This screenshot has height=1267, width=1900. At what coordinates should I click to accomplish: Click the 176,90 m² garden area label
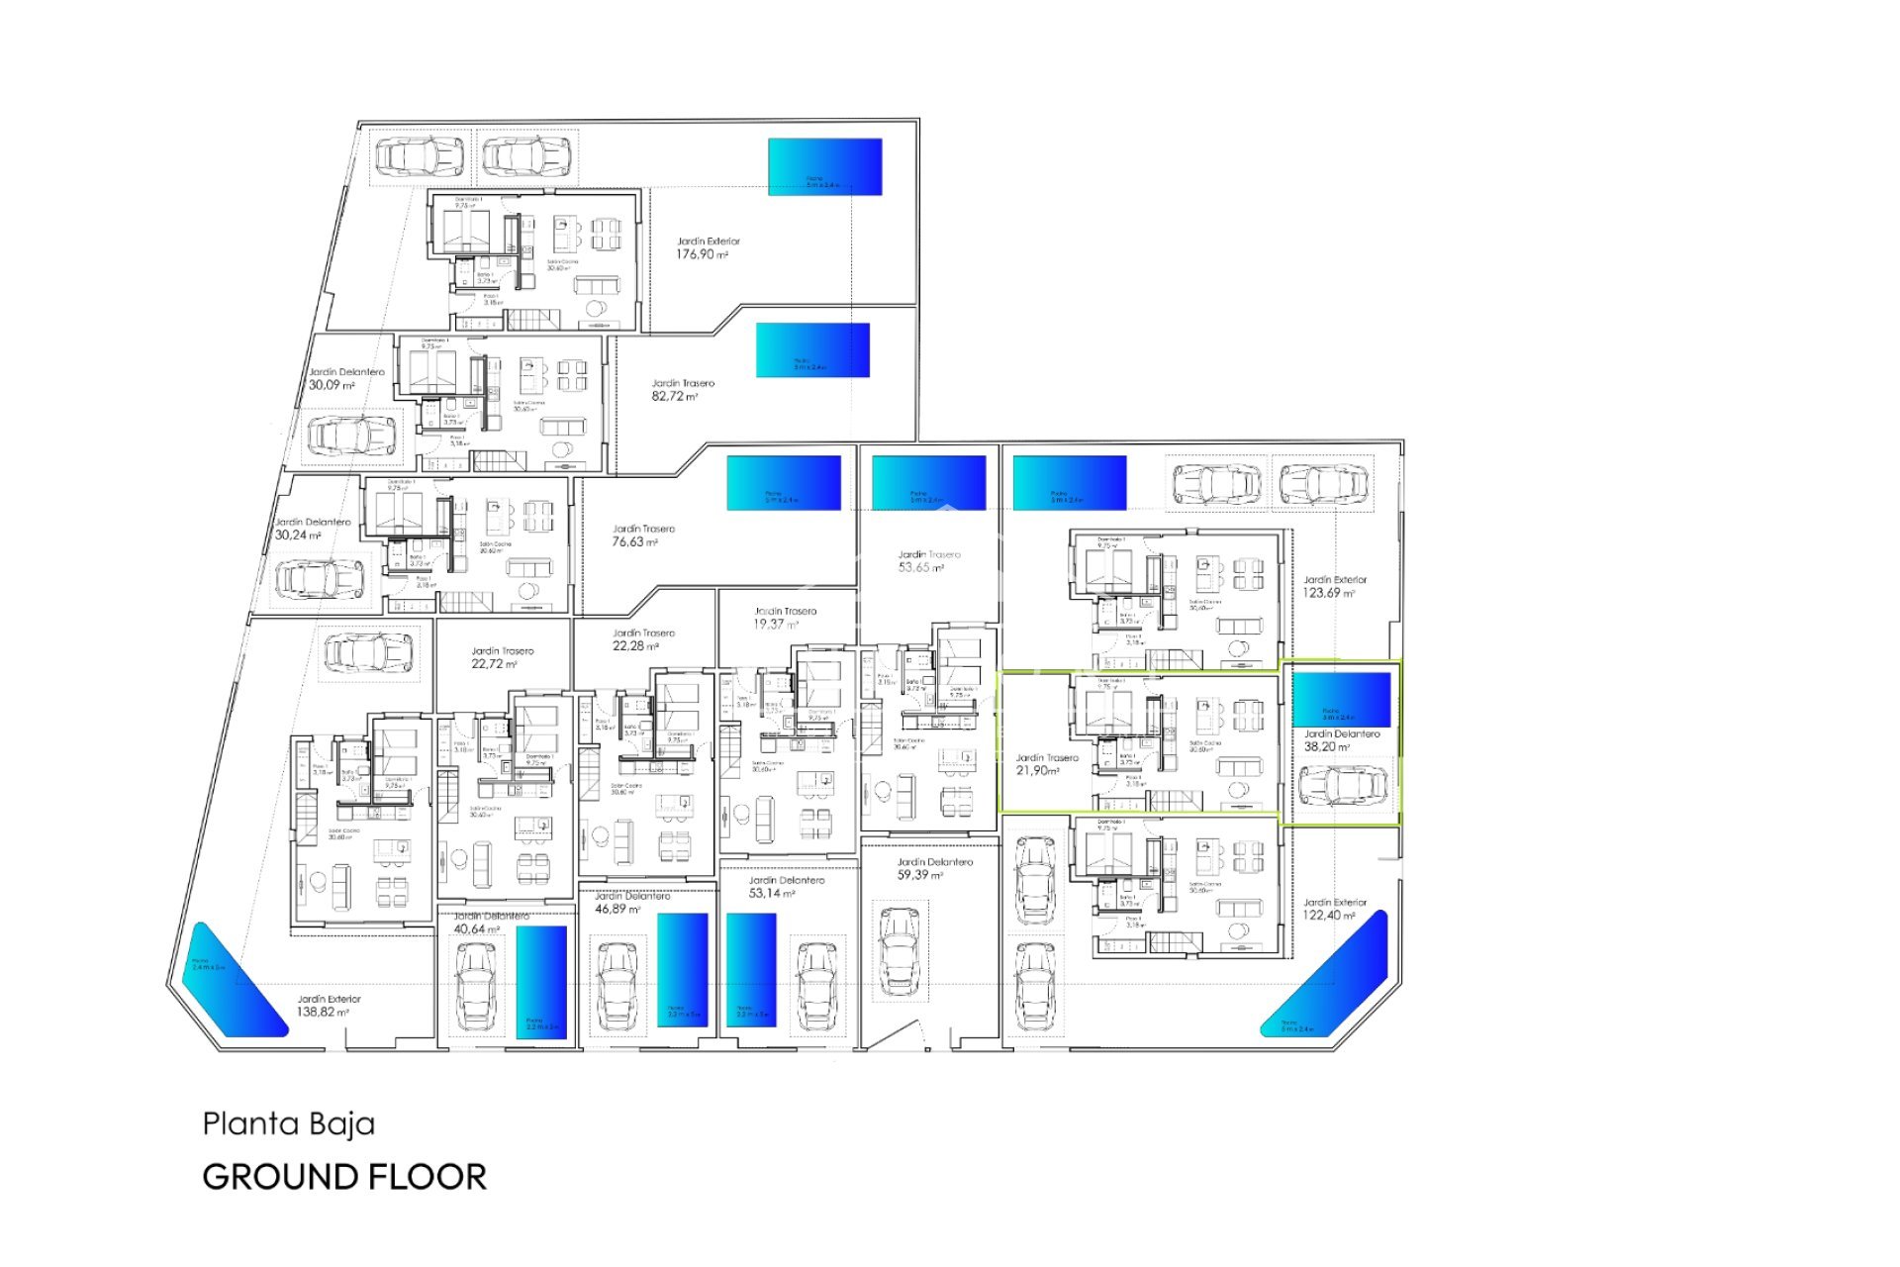[x=702, y=254]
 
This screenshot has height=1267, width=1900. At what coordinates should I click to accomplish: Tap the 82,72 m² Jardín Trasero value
[x=674, y=396]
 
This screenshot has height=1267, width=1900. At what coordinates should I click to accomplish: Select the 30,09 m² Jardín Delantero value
[x=332, y=385]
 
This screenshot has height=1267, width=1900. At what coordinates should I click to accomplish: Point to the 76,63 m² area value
[x=634, y=541]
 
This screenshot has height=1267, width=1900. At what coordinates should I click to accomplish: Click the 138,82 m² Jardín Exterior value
[x=323, y=1012]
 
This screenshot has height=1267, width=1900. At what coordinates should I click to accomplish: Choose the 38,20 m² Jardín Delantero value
[x=1326, y=747]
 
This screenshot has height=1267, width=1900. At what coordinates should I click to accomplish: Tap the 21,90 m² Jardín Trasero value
[x=1038, y=770]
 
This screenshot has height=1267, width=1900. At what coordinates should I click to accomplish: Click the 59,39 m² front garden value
[x=920, y=875]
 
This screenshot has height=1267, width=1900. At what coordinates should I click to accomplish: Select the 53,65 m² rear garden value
[x=921, y=567]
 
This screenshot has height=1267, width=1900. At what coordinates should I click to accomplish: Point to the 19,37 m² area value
[x=775, y=625]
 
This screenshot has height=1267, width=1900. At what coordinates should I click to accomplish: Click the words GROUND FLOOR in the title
[x=344, y=1177]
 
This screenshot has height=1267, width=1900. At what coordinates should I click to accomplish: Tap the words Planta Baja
[x=289, y=1123]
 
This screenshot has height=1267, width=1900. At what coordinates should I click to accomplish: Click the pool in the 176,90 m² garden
[x=824, y=166]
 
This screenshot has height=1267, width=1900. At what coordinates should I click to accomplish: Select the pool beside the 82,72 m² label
[x=812, y=350]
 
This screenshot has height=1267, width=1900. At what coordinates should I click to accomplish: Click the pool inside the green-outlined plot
[x=1341, y=700]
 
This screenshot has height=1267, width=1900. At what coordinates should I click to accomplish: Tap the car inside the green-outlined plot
[x=1343, y=786]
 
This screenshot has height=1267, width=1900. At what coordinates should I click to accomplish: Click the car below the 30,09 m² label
[x=351, y=435]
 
